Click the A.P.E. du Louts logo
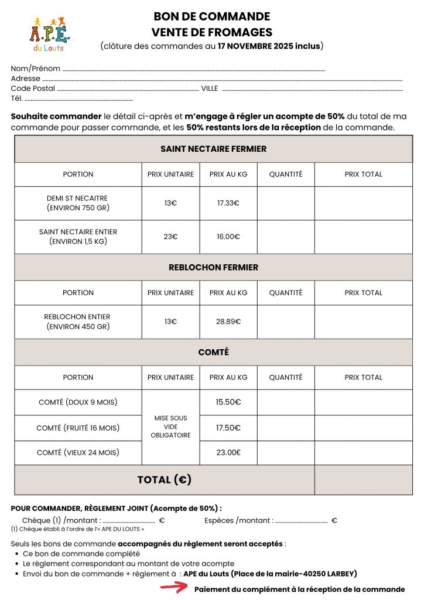coord(49,33)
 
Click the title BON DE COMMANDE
coord(211,16)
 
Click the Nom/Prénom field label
coord(36,69)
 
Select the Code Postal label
coord(33,88)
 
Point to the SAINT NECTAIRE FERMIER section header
coord(213,149)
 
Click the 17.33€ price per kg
coord(228,203)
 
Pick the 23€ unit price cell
coord(170,237)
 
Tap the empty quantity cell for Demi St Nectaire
coord(286,203)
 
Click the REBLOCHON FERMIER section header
coord(213,267)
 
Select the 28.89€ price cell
coord(228,322)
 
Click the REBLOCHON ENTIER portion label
coord(78,322)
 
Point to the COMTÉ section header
coord(213,352)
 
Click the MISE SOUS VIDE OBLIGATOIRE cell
coord(170,427)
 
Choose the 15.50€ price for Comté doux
coord(228,402)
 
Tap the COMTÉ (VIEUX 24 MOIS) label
coord(78,452)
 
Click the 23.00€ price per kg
coord(228,452)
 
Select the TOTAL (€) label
coord(165,480)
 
